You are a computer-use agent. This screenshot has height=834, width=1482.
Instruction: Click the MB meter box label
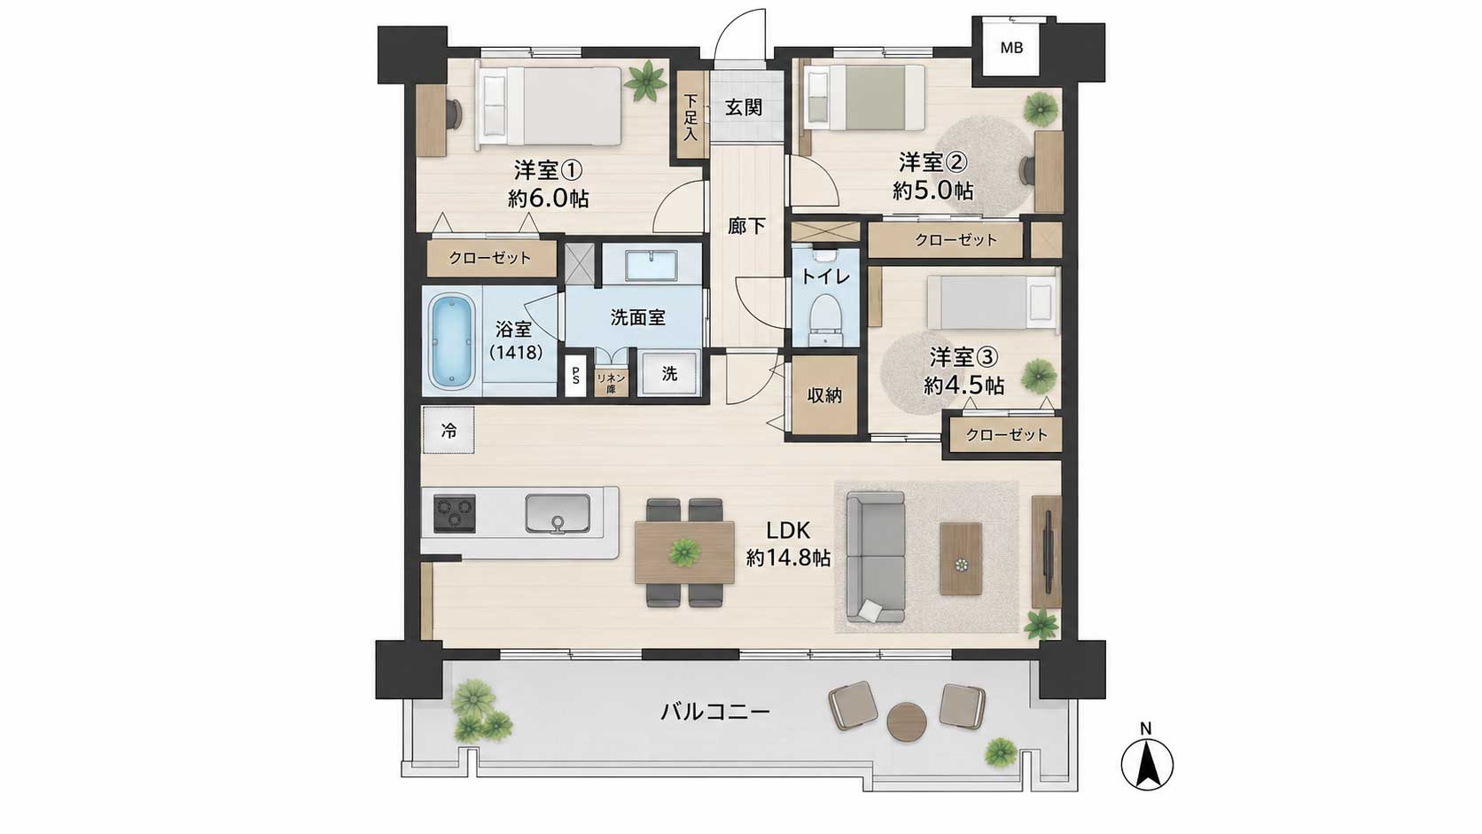pyautogui.click(x=1011, y=48)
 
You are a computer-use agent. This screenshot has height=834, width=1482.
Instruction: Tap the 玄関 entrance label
pyautogui.click(x=744, y=107)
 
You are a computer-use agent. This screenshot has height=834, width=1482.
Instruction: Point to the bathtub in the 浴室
pyautogui.click(x=453, y=340)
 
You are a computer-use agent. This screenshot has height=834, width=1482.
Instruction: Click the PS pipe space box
pyautogui.click(x=575, y=376)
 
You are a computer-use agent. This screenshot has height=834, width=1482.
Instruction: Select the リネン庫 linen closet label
pyautogui.click(x=611, y=383)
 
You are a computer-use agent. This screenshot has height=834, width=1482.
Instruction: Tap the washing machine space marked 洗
pyautogui.click(x=669, y=374)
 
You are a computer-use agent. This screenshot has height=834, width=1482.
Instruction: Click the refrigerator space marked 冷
pyautogui.click(x=448, y=431)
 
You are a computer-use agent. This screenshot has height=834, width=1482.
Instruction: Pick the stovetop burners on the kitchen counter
pyautogui.click(x=455, y=513)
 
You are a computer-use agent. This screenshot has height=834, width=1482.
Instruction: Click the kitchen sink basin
pyautogui.click(x=558, y=513)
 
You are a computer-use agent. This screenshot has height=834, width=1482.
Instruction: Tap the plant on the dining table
pyautogui.click(x=684, y=551)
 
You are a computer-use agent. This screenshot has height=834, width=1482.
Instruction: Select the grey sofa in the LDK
pyautogui.click(x=876, y=557)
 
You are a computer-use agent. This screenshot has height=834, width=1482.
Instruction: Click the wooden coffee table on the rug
pyautogui.click(x=961, y=559)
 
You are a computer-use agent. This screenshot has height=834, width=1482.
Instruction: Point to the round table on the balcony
pyautogui.click(x=907, y=723)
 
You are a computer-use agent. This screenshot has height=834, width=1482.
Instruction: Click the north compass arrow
pyautogui.click(x=1147, y=765)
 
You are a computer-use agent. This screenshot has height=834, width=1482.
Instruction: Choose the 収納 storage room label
pyautogui.click(x=824, y=395)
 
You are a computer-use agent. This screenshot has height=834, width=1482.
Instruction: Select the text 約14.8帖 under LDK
pyautogui.click(x=789, y=559)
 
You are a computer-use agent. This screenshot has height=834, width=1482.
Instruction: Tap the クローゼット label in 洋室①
pyautogui.click(x=489, y=258)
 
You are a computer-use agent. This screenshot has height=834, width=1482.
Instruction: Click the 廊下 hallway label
pyautogui.click(x=746, y=227)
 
